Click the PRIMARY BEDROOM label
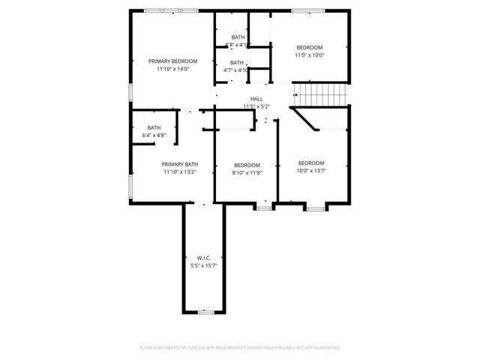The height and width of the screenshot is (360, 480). point(172,61)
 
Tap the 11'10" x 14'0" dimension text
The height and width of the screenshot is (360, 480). point(172,69)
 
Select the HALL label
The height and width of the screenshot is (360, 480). point(256,99)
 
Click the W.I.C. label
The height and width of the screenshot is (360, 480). point(203,257)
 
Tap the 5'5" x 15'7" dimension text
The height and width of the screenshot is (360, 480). point(203,265)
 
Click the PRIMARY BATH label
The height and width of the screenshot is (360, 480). point(180,163)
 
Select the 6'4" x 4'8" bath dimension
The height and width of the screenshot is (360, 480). point(154,135)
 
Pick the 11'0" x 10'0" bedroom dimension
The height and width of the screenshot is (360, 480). point(309,55)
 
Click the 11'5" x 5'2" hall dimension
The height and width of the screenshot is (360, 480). point(256,106)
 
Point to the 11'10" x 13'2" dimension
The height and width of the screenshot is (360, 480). point(180,172)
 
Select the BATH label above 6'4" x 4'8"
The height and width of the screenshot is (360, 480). point(154,127)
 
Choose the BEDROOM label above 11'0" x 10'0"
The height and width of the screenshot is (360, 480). point(309,46)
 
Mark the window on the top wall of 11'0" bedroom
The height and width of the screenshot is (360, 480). point(303,10)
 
